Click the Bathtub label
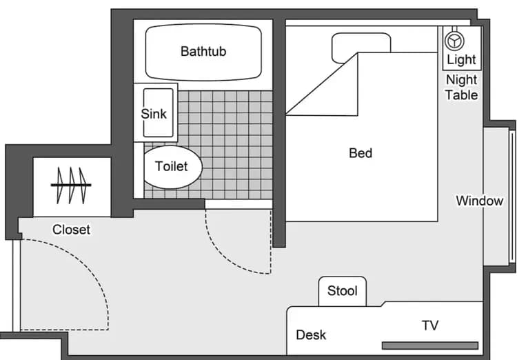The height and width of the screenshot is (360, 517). pos(203,51)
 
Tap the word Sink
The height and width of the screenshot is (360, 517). pos(154,113)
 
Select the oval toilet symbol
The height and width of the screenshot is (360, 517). pos(172,167)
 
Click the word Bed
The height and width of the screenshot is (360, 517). pos(361,153)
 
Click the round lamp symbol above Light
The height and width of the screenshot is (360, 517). pos(455,39)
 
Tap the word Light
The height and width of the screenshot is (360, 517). pos(461,60)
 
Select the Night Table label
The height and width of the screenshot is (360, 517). pos(461,88)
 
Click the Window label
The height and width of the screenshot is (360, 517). pos(479,201)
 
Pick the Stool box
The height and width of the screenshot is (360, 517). pos(343,290)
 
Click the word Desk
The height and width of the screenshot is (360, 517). pos(311,335)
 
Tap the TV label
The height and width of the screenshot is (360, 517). pos(430,326)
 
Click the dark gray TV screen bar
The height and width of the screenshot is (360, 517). pos(429,345)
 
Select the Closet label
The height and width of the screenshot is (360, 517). pos(72,229)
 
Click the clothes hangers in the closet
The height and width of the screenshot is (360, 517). pos(72,185)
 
